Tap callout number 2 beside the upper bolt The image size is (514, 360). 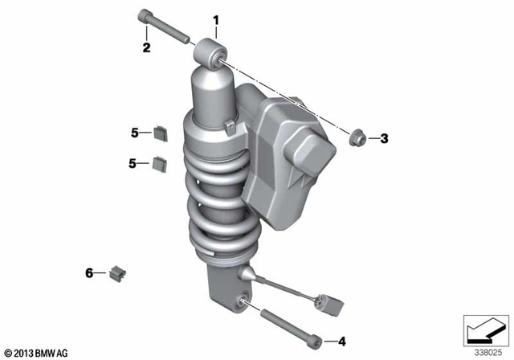tap(146, 47)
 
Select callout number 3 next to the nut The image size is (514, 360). tap(384, 139)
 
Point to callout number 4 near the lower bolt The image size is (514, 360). tap(341, 342)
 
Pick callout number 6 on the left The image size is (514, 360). tap(90, 273)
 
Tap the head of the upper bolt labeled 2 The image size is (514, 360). tap(145, 15)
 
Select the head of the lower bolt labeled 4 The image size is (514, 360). tap(319, 339)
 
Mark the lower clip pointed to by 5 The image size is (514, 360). tap(159, 163)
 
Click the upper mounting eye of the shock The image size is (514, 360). tap(210, 55)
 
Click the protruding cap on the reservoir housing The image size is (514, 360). tap(314, 153)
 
